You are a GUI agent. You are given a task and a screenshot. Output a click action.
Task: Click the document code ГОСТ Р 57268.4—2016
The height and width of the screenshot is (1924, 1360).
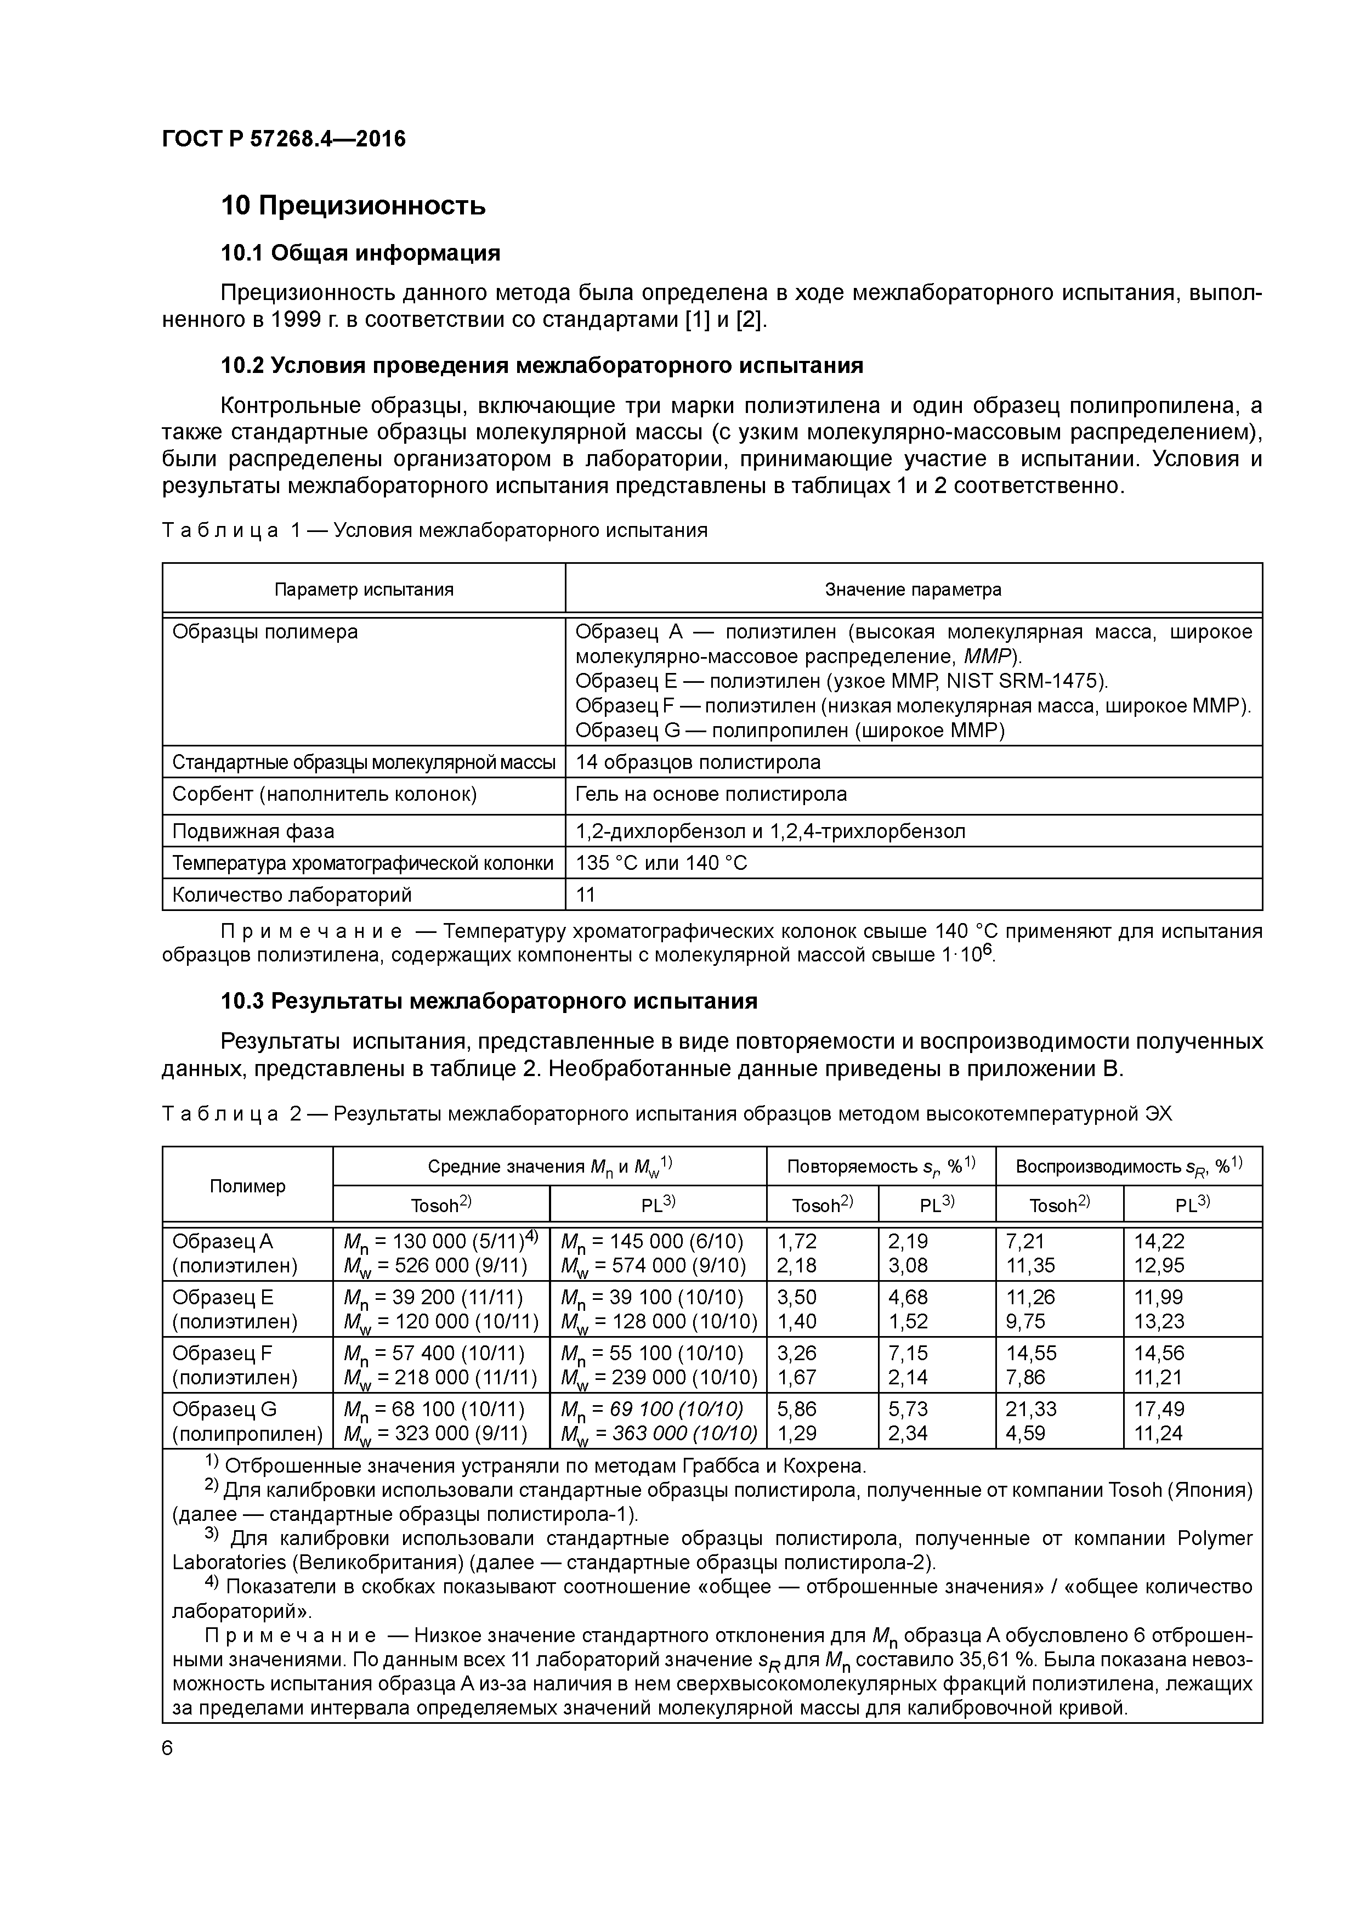coord(283,138)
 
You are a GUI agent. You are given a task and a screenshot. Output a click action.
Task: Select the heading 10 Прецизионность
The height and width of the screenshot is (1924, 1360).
coord(353,205)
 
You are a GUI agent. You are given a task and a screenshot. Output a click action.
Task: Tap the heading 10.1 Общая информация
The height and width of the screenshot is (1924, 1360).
coord(360,252)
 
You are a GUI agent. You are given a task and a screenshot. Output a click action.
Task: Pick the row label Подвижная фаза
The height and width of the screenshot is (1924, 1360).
coord(253,831)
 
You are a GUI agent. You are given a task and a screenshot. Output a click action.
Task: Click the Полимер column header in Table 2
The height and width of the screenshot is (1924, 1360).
coord(247,1186)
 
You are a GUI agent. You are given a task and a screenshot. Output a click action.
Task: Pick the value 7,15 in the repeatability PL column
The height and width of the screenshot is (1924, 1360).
coord(908,1353)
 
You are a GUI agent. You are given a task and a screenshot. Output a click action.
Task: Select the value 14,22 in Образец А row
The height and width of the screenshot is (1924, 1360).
coord(1159,1241)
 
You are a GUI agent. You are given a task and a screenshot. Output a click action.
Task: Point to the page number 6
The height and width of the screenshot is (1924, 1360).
coord(168,1748)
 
